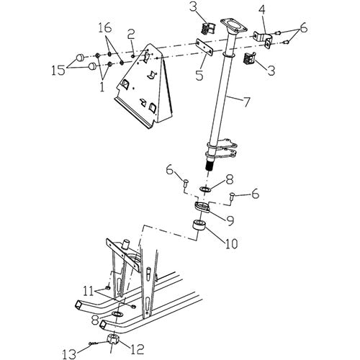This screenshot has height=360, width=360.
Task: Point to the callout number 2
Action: (132, 34)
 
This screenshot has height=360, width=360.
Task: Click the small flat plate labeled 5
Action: (205, 46)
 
